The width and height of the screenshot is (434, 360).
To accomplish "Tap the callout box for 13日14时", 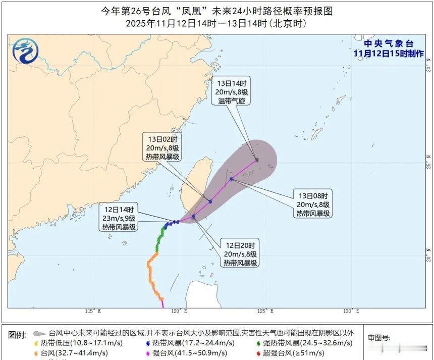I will click(232, 92).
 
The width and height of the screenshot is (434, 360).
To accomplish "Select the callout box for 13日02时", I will click(161, 147).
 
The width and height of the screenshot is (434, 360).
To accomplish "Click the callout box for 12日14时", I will click(119, 218).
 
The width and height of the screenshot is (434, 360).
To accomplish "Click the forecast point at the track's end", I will click(257, 160).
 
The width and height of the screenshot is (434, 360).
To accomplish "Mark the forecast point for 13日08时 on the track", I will click(231, 179).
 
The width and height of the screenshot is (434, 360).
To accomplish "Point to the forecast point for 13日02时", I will click(210, 201).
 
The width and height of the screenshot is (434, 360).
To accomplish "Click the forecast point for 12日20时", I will click(193, 216).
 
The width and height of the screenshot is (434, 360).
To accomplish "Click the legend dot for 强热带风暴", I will click(259, 343).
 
